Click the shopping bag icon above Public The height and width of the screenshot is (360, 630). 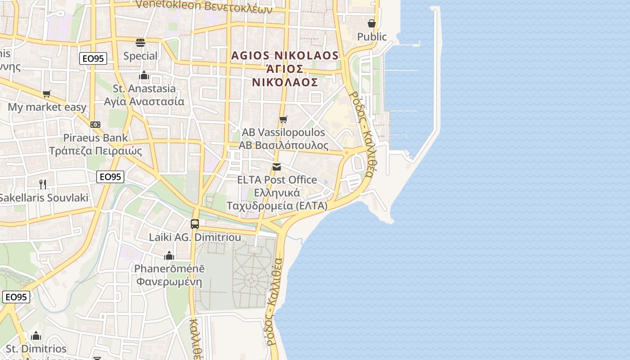tap(372, 23)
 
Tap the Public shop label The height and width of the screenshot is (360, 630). tap(372, 36)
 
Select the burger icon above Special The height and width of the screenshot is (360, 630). tap(140, 43)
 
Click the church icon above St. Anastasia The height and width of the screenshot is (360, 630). tap(144, 75)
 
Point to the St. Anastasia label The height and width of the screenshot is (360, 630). tap(144, 94)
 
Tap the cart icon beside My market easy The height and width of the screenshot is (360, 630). tap(47, 94)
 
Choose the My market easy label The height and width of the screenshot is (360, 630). tap(47, 107)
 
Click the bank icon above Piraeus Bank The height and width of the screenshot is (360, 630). tap(95, 125)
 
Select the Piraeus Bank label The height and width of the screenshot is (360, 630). tap(95, 144)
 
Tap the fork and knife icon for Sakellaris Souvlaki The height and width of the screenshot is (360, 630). tap(43, 184)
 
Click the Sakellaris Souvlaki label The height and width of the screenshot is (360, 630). tap(44, 198)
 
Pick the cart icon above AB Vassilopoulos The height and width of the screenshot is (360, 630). tap(283, 119)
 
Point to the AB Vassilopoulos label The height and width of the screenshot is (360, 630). tap(283, 139)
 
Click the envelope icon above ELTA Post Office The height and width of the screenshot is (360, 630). tap(277, 167)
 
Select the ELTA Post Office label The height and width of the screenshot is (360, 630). tap(277, 193)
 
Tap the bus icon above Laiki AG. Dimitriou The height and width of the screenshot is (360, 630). tap(195, 224)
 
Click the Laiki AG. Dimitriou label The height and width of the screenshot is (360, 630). tap(195, 237)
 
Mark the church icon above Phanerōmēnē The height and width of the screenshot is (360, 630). tap(169, 256)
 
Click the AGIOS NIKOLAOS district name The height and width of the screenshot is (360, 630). tap(284, 68)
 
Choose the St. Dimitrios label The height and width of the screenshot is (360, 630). tap(36, 349)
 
